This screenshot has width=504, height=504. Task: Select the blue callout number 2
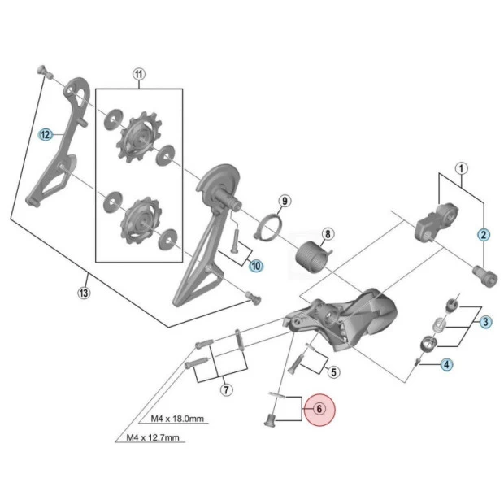click(484, 235)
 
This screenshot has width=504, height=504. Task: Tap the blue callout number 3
click(485, 322)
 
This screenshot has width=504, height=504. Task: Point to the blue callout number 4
click(447, 364)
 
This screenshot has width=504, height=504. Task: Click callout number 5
click(332, 372)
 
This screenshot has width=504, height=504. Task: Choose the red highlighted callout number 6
click(319, 410)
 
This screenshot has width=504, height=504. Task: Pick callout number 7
click(227, 390)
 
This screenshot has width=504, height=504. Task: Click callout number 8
click(327, 235)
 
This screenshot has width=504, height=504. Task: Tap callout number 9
click(284, 200)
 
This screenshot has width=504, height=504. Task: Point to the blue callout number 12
click(46, 134)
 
